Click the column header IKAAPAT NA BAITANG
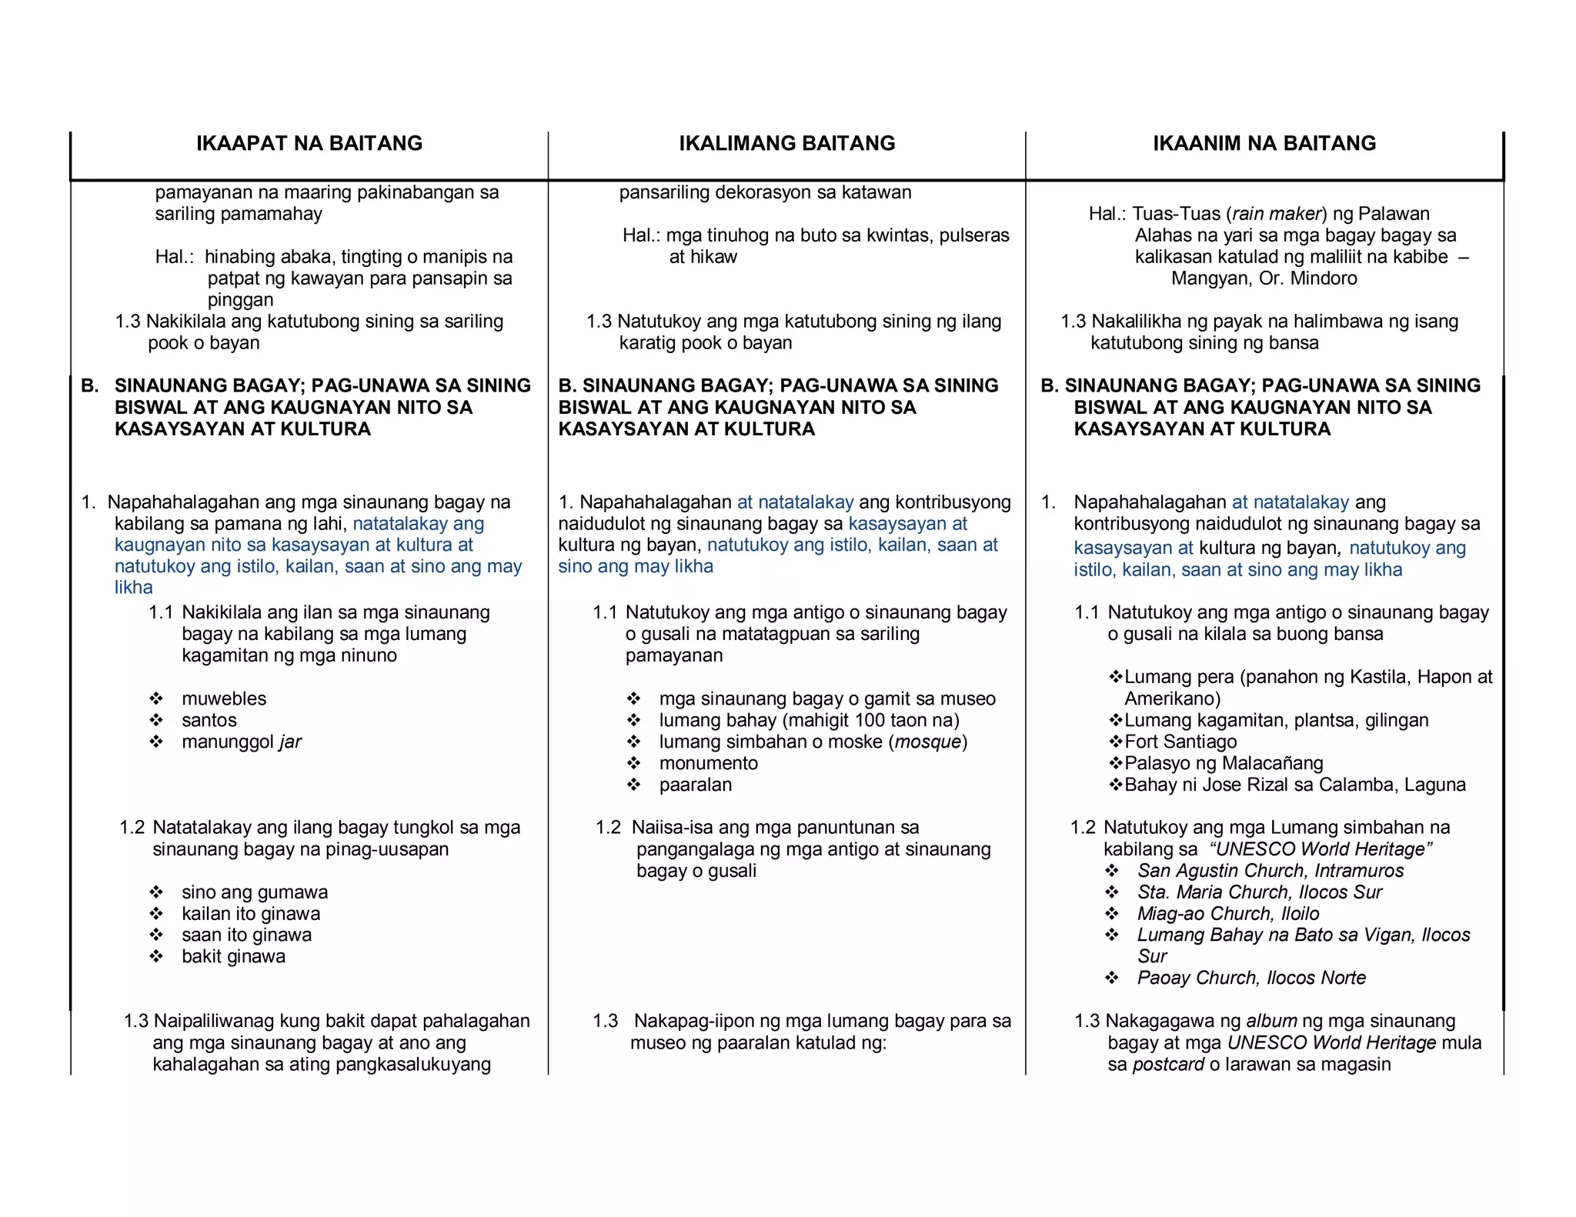point(309,143)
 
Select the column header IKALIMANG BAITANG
point(786,143)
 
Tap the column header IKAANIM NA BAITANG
point(1264,143)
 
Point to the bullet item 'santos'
point(209,720)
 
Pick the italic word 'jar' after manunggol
point(290,742)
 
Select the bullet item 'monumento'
point(708,763)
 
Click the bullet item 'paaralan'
point(695,785)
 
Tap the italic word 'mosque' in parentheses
point(927,742)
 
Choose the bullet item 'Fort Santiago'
point(1180,742)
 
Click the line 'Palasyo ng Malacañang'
point(1223,763)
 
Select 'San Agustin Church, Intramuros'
point(1270,870)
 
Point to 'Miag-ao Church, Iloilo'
point(1227,913)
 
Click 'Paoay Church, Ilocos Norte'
point(1251,978)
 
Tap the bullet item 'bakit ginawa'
point(233,956)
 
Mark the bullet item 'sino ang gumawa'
point(254,892)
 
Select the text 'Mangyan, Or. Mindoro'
point(1264,278)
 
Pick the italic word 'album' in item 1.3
point(1271,1021)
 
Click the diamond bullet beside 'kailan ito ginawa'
point(156,914)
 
